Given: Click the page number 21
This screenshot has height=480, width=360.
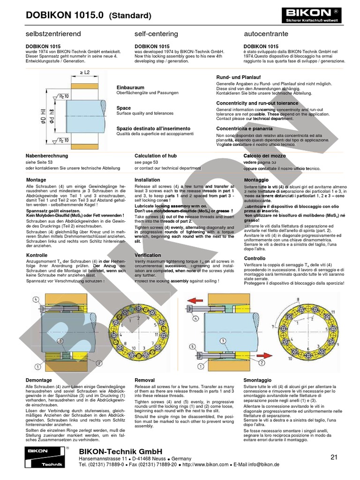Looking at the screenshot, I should pyautogui.click(x=334, y=457).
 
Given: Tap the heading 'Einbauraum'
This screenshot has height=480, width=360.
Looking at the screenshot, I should pyautogui.click(x=130, y=88).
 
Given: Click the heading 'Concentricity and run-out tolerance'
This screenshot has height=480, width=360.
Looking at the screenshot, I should pyautogui.click(x=257, y=103).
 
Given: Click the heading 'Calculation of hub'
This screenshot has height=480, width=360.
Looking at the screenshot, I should pyautogui.click(x=156, y=156).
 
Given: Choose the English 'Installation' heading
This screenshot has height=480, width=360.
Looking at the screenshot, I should pyautogui.click(x=147, y=180).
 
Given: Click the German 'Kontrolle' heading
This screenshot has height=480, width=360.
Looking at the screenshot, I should pyautogui.click(x=39, y=255).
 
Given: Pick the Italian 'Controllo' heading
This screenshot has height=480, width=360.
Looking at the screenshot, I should pyautogui.click(x=255, y=258).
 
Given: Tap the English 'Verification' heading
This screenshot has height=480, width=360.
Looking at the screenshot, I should pyautogui.click(x=148, y=255).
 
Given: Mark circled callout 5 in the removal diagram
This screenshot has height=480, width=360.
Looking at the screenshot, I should pyautogui.click(x=192, y=347).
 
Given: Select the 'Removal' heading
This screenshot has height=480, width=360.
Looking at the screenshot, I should pyautogui.click(x=144, y=380).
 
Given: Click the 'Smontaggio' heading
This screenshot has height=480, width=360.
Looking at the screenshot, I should pyautogui.click(x=258, y=380).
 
